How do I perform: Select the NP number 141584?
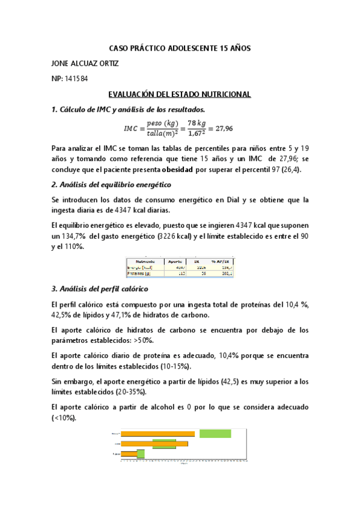(77, 79)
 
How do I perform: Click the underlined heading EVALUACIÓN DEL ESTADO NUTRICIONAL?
(179, 95)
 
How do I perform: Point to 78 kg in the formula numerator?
(195, 123)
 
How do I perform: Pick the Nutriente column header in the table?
(146, 260)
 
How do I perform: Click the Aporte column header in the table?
(175, 260)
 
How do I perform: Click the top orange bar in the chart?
(157, 434)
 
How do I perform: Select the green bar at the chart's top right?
(215, 433)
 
